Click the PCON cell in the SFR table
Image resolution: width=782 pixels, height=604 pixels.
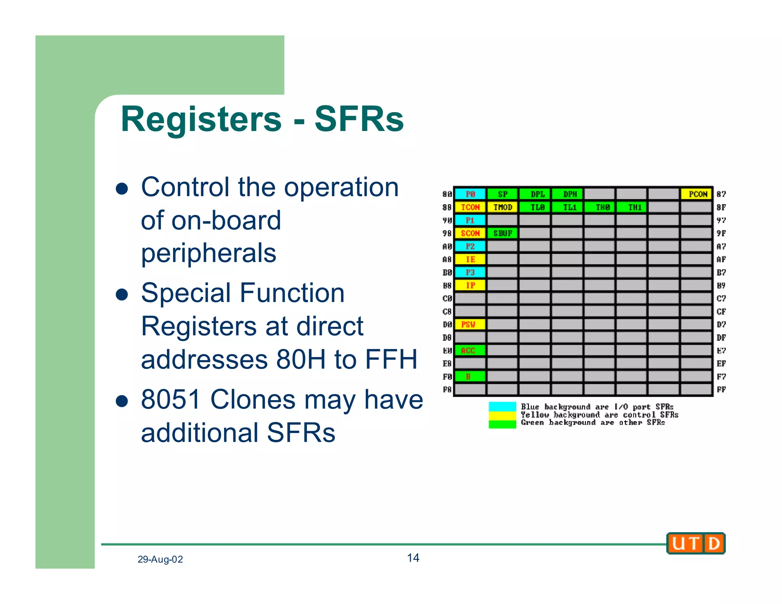(x=696, y=194)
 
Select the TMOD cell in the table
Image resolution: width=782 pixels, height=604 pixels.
(x=502, y=207)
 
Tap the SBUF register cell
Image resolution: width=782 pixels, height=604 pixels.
(x=502, y=233)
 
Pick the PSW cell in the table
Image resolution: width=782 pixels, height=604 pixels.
(x=470, y=325)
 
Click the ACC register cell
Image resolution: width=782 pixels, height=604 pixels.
(x=470, y=350)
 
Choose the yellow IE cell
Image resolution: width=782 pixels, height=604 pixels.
(x=470, y=259)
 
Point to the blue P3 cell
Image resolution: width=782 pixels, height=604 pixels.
(x=470, y=272)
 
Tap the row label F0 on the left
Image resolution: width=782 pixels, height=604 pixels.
(x=447, y=377)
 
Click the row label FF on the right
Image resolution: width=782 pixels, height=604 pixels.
(x=721, y=389)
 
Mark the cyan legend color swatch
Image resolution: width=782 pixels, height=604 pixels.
(x=502, y=406)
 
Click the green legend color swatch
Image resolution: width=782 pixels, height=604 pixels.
(x=502, y=424)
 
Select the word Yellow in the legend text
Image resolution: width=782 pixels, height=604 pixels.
(x=535, y=415)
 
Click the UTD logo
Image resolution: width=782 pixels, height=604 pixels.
(x=696, y=543)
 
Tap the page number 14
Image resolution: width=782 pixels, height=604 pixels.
(x=413, y=558)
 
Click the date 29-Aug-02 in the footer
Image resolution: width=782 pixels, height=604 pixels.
(x=160, y=559)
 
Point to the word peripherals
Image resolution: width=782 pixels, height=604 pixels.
(x=208, y=253)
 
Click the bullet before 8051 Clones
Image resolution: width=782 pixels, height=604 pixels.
(x=122, y=401)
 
